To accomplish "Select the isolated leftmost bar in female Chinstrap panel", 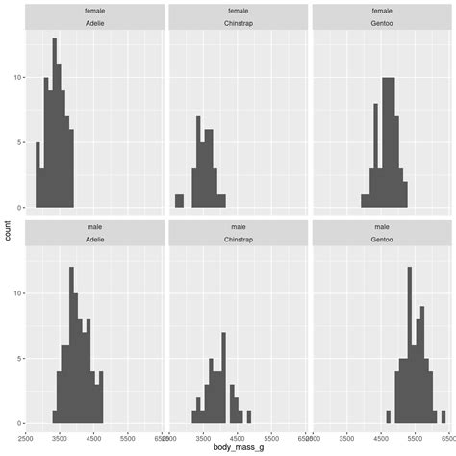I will tap(179, 201).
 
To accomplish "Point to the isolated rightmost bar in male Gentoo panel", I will tap(443, 417).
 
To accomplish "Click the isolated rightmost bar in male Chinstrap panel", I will tap(249, 417).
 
